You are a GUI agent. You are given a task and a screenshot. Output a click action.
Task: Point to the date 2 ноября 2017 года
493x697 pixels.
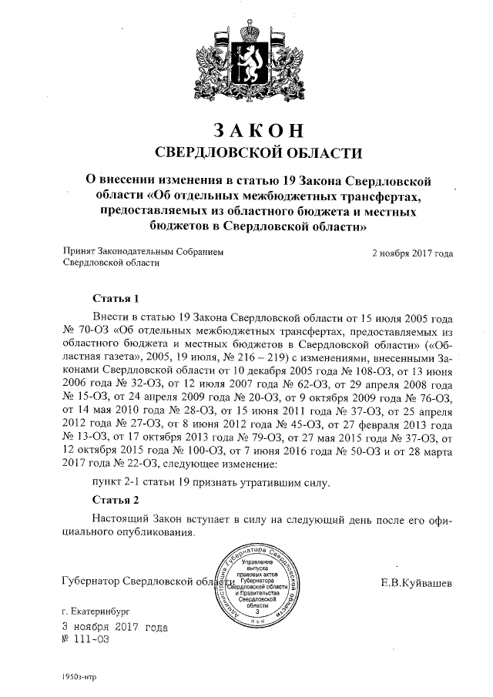412,252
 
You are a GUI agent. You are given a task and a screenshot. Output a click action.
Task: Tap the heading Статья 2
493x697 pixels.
115,500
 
